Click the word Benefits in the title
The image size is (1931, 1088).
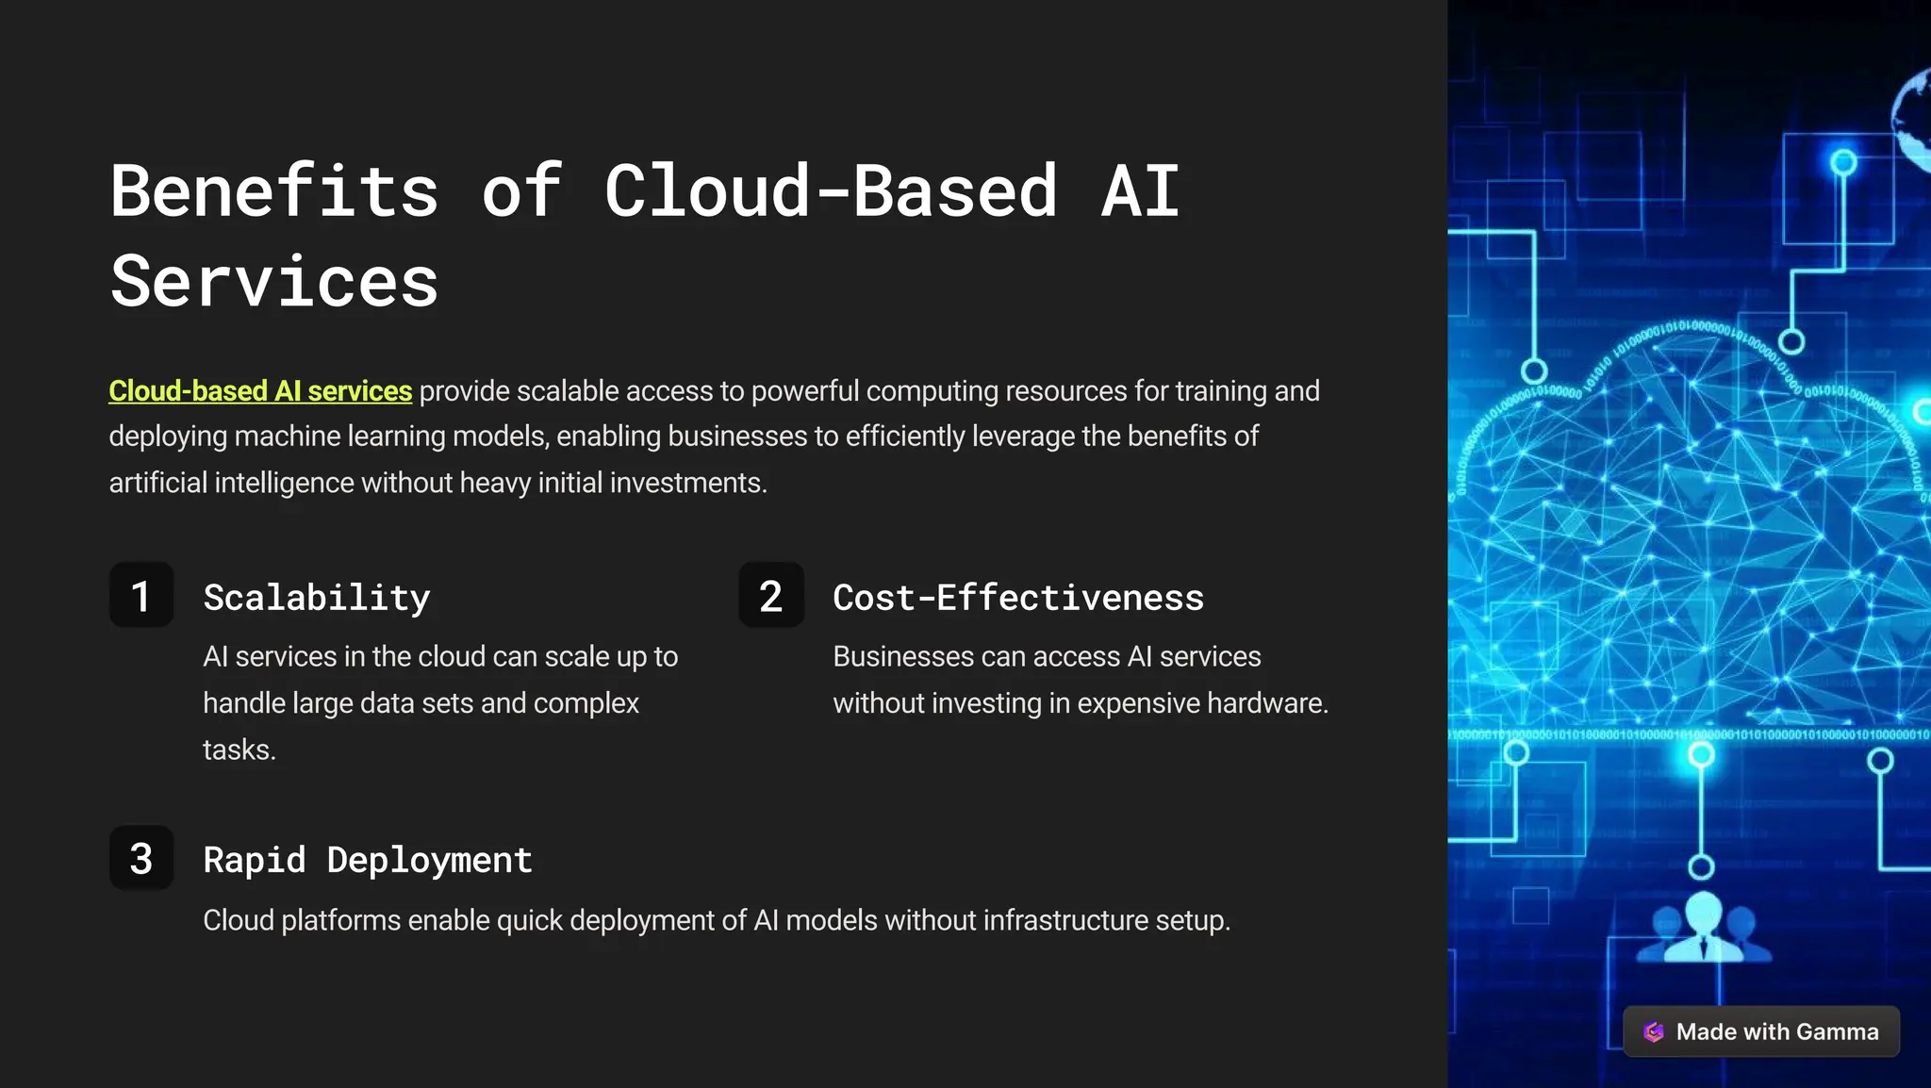coord(274,191)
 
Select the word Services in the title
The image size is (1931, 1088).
coord(274,282)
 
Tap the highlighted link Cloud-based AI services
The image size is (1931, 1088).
coord(260,391)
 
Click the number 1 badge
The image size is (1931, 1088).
coord(141,596)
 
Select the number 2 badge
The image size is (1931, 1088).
coord(771,596)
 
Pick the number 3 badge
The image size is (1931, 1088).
coord(141,858)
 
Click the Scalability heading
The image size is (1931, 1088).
coord(317,598)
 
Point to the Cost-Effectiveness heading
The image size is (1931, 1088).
coord(1018,598)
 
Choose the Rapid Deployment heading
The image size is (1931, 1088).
coord(368,860)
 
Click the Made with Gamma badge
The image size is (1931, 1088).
coord(1760,1031)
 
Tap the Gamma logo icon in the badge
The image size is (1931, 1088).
coord(1654,1031)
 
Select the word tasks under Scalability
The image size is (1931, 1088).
coord(239,750)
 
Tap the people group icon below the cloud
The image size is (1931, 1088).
coord(1704,928)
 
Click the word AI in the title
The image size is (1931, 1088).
coord(1141,191)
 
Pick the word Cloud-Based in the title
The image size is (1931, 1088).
coord(831,191)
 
